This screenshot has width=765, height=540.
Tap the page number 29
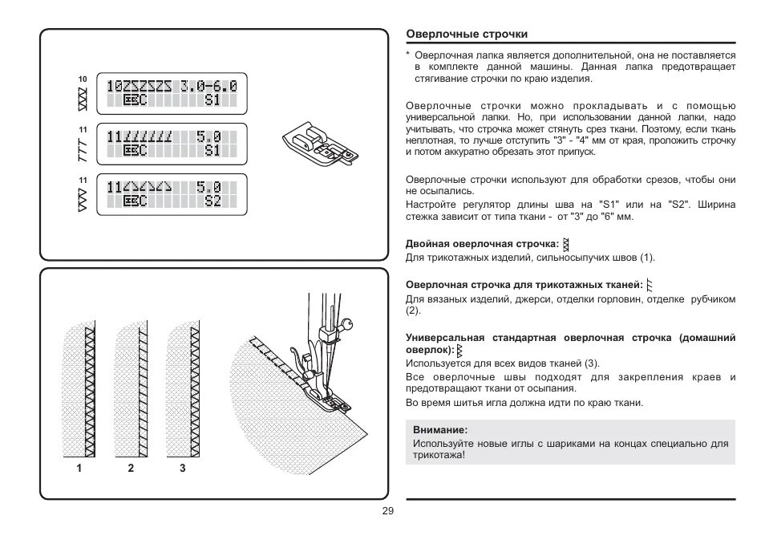coord(387,512)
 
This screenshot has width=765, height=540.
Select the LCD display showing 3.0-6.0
coord(171,92)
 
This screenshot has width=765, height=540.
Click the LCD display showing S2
coord(171,194)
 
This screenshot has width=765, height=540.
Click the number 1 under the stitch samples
coord(79,468)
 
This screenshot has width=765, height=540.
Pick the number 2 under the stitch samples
coord(130,468)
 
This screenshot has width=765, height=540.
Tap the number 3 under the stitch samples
coord(182,468)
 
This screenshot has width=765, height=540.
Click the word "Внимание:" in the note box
coord(439,430)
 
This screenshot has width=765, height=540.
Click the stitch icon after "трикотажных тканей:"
coord(650,284)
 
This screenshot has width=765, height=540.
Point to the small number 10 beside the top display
coord(82,79)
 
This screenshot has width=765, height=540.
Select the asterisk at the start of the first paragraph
coord(408,55)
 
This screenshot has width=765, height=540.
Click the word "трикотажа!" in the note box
coord(439,454)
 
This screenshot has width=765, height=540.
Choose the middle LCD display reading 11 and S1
coord(171,144)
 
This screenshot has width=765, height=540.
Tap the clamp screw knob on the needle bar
coord(346,324)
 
